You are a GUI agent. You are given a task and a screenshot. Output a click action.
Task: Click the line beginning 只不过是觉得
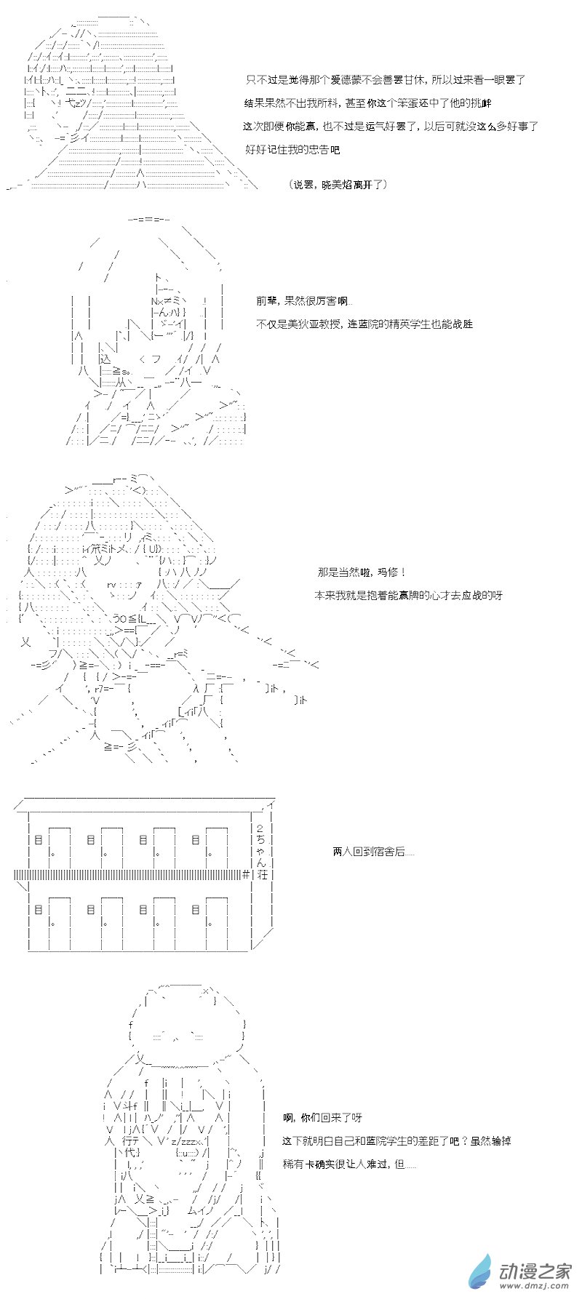(x=386, y=80)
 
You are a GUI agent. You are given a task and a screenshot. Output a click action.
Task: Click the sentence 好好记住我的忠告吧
(x=292, y=150)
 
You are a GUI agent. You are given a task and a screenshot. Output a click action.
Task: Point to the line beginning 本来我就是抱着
(x=408, y=595)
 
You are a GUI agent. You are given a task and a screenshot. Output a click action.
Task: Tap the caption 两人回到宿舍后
(x=373, y=851)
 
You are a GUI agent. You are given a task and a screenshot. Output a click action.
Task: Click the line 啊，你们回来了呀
(x=322, y=1117)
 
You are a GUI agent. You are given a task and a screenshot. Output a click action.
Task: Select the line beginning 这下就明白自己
(x=397, y=1140)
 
